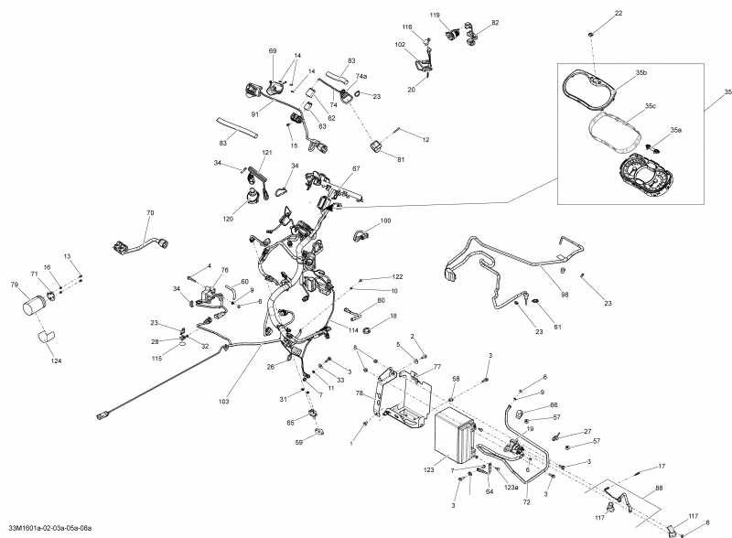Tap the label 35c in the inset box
[650, 107]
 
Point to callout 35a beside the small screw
[675, 131]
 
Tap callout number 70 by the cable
[150, 213]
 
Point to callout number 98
[565, 296]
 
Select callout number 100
[385, 221]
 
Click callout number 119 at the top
[435, 16]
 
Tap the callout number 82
[495, 22]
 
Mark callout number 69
[272, 50]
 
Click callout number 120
[228, 219]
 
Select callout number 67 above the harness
[356, 168]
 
